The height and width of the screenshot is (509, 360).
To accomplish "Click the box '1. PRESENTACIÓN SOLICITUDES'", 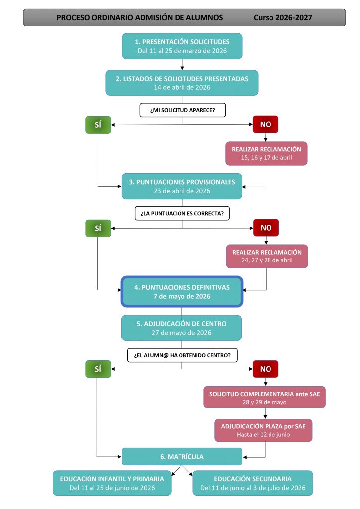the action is click(182, 46).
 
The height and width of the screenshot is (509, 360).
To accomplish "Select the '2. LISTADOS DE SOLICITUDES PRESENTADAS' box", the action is click(182, 83).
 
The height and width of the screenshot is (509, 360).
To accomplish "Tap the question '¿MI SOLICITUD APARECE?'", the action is click(182, 110).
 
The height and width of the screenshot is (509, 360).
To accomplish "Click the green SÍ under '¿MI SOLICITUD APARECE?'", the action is click(98, 125).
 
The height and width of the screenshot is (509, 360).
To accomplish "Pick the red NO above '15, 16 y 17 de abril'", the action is click(266, 124).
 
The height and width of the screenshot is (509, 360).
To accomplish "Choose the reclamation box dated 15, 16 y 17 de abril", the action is click(266, 153).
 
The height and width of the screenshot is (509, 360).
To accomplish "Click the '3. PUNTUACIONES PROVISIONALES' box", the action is click(182, 186).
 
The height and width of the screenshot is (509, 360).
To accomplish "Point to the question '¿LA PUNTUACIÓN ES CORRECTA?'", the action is click(182, 213).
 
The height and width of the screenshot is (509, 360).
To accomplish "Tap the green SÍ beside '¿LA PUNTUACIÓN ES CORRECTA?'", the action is click(98, 228).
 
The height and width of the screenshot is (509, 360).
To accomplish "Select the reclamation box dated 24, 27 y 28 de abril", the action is click(267, 256).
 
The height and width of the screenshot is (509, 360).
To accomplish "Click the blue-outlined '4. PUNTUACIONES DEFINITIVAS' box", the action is click(182, 291).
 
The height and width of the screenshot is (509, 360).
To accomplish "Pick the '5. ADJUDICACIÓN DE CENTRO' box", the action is click(181, 328).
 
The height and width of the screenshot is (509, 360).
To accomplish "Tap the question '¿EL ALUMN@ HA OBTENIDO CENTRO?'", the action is click(182, 355).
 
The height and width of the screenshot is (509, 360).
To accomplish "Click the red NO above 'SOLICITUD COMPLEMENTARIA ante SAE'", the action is click(266, 369).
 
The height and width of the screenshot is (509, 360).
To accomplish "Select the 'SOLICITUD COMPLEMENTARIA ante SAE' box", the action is click(265, 397).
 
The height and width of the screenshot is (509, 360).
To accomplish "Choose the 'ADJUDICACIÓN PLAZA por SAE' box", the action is click(263, 430).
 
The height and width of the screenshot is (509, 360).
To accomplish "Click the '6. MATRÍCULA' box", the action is click(182, 456).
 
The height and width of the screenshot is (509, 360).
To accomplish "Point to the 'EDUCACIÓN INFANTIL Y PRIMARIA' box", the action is click(112, 483).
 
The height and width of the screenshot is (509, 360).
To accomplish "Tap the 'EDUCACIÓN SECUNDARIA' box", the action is click(253, 483).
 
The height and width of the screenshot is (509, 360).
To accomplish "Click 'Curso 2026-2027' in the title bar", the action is click(283, 17).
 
